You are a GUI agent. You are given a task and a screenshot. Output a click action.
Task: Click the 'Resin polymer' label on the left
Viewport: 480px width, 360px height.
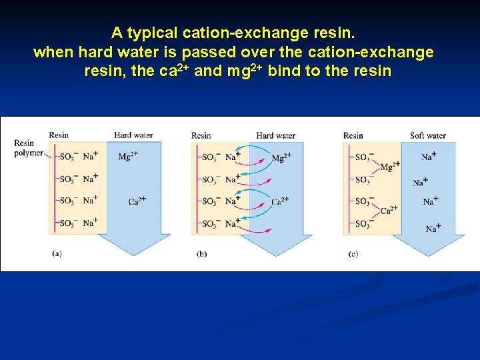[x=25, y=148]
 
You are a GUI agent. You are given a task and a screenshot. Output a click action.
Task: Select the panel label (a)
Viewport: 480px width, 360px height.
[x=57, y=254]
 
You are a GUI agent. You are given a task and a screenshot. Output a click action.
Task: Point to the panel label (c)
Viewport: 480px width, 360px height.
[x=353, y=254]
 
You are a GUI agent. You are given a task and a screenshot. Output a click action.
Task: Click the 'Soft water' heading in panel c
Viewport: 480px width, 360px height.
[x=427, y=135]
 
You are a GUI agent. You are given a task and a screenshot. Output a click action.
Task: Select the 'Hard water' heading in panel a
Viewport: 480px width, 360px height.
[x=133, y=135]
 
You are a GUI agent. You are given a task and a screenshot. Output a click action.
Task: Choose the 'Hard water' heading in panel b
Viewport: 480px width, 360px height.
[x=275, y=135]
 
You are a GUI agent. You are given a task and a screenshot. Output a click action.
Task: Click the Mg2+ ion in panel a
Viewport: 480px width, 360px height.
[x=129, y=157]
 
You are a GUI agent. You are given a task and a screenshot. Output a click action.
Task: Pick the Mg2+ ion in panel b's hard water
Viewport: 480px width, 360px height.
[x=281, y=158]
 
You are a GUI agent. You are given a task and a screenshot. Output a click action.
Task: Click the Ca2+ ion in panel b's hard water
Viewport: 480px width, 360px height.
[x=280, y=201]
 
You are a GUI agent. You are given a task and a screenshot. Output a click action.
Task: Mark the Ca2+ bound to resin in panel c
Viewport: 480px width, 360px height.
[x=389, y=210]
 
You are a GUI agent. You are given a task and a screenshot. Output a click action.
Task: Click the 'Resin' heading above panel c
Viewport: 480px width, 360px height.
[x=353, y=135]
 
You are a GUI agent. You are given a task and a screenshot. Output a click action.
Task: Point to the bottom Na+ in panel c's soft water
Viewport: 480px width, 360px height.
[x=433, y=229]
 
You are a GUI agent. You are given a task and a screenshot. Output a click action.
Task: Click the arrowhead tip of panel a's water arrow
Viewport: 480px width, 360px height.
[x=133, y=255]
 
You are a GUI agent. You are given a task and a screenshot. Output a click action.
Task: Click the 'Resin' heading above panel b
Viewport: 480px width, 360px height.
[x=201, y=135]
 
